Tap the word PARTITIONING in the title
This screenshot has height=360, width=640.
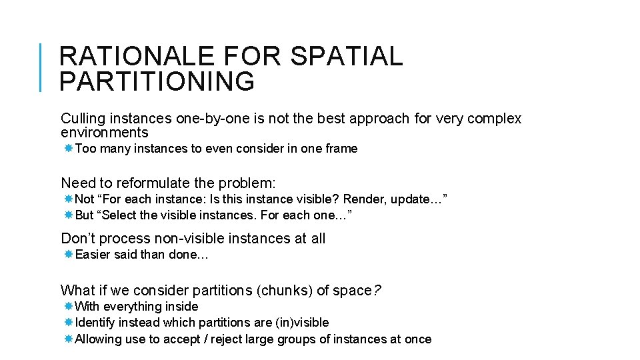click(x=157, y=81)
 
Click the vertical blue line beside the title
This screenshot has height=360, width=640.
click(x=41, y=67)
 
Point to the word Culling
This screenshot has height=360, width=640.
click(x=83, y=119)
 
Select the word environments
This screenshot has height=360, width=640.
click(x=104, y=133)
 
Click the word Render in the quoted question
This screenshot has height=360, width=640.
click(x=364, y=199)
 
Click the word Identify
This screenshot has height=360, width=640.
click(x=97, y=323)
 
